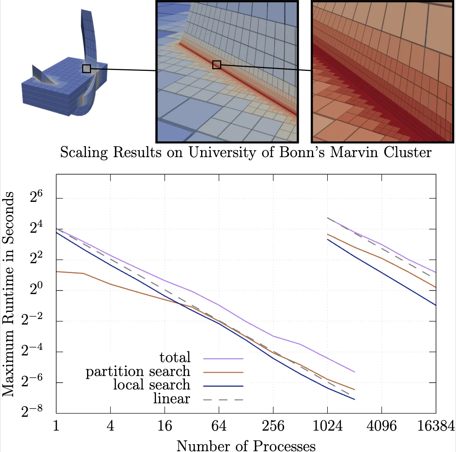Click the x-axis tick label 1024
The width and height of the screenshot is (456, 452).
(x=327, y=426)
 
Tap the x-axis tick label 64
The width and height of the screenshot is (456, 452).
(x=219, y=426)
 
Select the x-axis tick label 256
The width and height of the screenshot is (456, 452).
(x=273, y=426)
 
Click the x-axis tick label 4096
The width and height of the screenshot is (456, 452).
(x=382, y=426)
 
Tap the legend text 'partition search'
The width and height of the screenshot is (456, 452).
(x=138, y=372)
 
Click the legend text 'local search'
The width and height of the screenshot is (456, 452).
(x=152, y=385)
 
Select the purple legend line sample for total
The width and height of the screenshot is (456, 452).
(x=223, y=359)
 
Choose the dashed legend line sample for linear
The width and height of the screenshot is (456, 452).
(x=223, y=400)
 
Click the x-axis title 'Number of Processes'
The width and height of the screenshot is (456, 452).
(x=246, y=446)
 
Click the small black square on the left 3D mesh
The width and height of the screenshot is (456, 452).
(x=87, y=69)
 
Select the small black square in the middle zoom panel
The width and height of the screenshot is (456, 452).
(x=217, y=65)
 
